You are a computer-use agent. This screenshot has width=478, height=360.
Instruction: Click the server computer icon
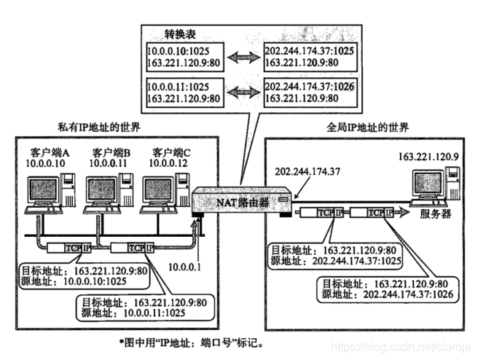click(434, 186)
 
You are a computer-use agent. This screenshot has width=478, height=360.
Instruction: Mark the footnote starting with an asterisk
click(192, 341)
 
